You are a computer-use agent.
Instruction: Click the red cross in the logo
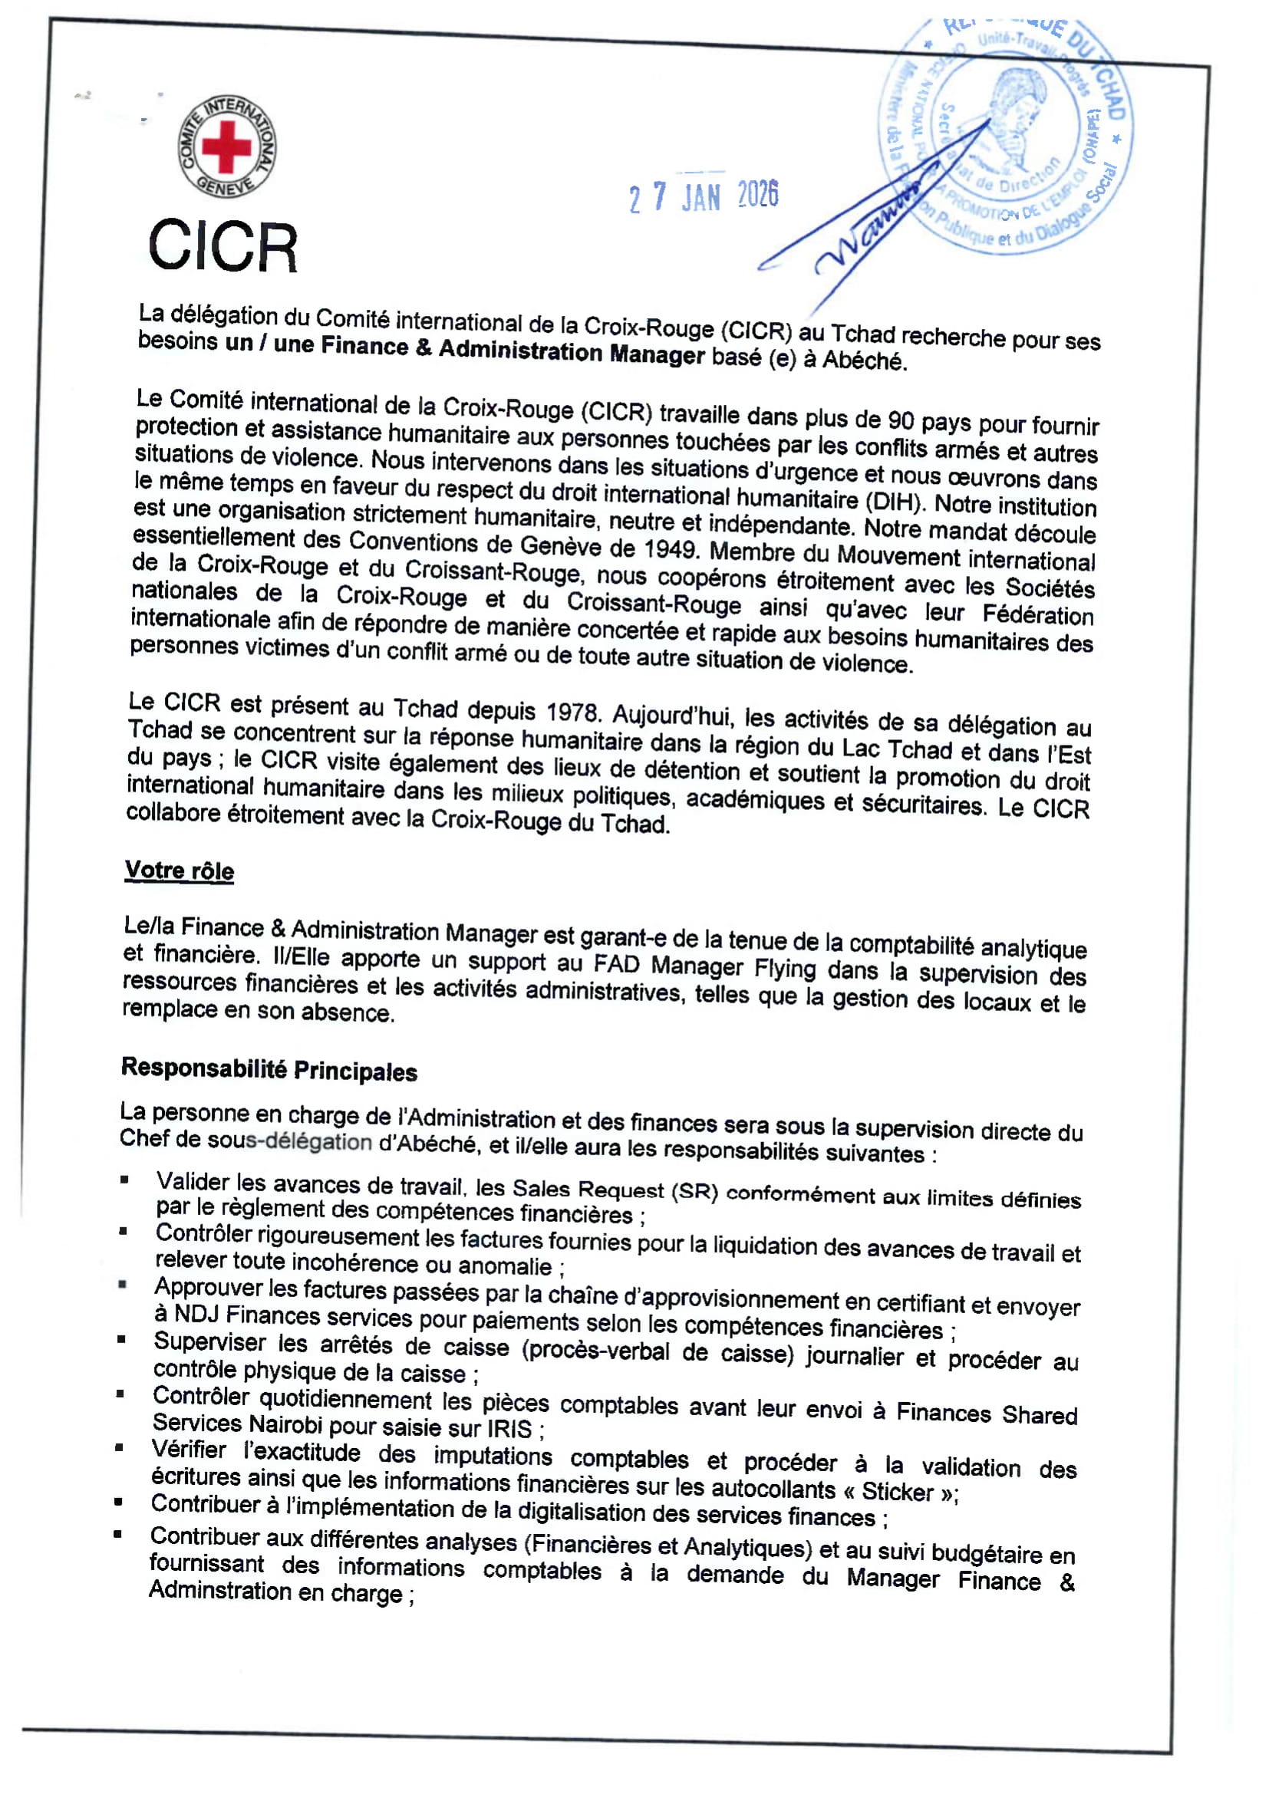[x=226, y=146]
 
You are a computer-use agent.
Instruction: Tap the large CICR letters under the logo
[x=223, y=247]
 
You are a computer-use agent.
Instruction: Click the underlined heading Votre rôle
[x=179, y=871]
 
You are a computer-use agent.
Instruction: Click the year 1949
[x=670, y=548]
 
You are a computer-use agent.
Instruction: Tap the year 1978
[x=572, y=712]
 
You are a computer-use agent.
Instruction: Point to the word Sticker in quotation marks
[x=898, y=1492]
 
